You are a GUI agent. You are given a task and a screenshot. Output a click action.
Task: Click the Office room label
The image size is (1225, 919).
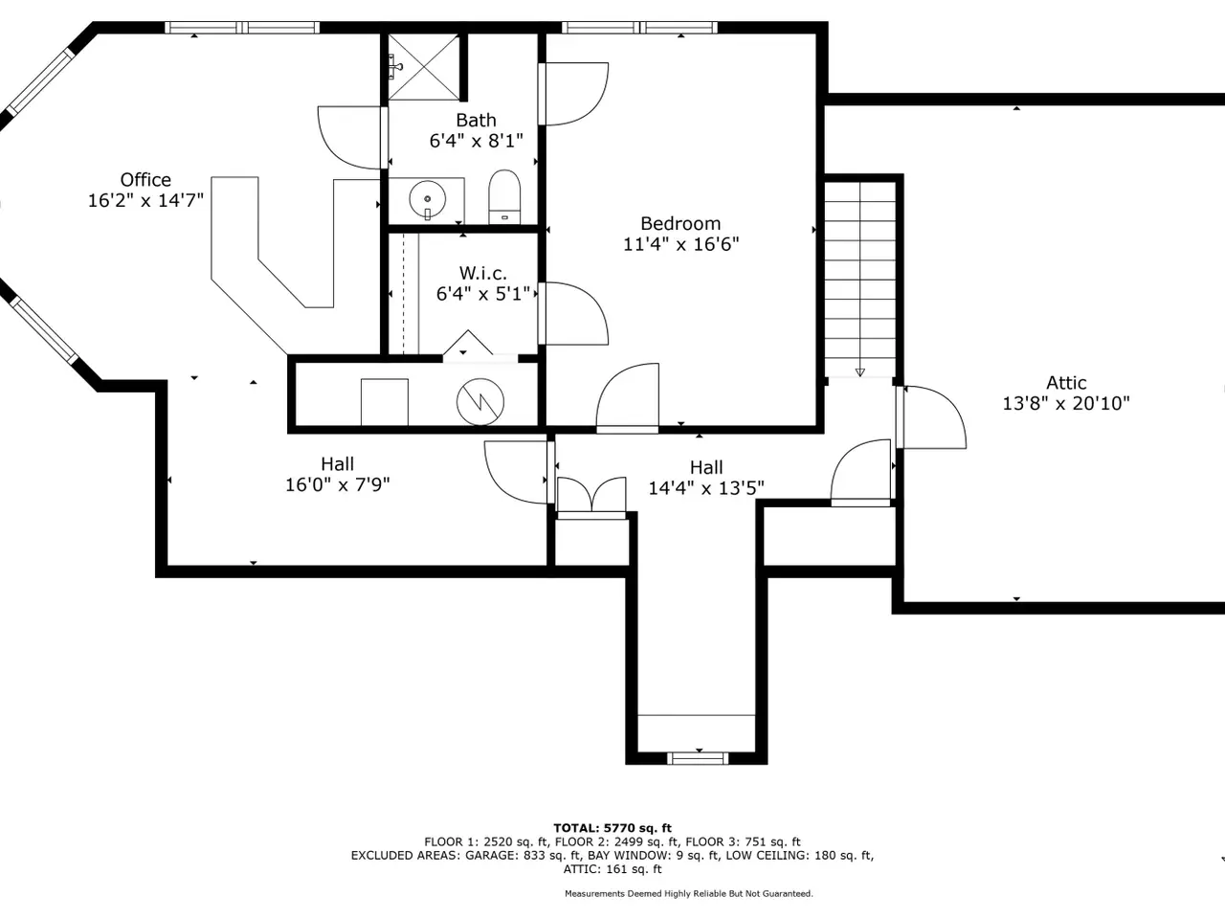[x=145, y=180]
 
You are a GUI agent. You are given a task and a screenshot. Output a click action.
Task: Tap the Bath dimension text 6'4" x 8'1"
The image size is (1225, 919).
[x=476, y=141]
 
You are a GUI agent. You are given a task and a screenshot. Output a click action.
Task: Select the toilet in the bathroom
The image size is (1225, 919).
[x=504, y=197]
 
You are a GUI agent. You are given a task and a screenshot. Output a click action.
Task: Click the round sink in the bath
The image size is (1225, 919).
[x=428, y=199]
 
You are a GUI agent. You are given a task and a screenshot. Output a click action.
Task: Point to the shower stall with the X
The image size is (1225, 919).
[x=424, y=67]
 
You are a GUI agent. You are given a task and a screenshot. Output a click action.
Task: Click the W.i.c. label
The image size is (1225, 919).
[x=482, y=274]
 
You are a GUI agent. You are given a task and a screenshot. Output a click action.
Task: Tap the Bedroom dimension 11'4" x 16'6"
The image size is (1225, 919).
[x=680, y=244]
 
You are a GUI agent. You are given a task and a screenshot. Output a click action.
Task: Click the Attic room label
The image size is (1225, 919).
[x=1066, y=383]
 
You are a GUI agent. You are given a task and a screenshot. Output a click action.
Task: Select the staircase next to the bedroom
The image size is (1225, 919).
[x=860, y=279]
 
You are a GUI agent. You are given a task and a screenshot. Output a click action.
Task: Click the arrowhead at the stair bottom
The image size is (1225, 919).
[x=860, y=372]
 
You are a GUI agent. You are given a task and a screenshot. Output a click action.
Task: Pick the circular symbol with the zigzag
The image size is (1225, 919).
[x=480, y=402]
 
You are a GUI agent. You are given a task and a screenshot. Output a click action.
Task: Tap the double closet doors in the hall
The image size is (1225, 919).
[x=591, y=498]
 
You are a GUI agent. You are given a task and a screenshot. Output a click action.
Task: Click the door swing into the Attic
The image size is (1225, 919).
[x=932, y=416]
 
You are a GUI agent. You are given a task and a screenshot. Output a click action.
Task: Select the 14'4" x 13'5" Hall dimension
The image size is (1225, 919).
[x=706, y=488]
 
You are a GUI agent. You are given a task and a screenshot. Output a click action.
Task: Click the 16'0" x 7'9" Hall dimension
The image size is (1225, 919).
[x=338, y=485]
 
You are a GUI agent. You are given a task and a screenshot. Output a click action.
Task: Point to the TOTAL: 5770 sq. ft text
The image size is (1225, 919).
[x=612, y=828]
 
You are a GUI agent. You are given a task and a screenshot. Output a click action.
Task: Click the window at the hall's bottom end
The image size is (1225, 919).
[x=698, y=758]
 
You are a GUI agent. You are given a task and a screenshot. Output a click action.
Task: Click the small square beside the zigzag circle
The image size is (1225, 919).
[x=385, y=402]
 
